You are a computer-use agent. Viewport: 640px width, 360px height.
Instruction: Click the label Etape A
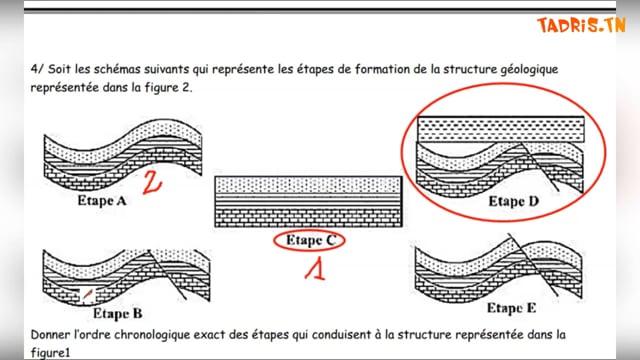pos(102,200)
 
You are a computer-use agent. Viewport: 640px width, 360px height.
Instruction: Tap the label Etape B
pos(118,313)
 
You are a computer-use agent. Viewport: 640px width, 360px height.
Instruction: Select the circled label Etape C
pos(310,240)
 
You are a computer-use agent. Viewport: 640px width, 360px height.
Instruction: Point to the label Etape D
pos(514,201)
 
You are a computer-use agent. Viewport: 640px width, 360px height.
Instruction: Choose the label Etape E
pos(511,308)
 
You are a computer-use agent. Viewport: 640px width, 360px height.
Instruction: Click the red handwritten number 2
pos(152,182)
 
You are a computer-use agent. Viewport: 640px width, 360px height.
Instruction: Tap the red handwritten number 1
pos(316,269)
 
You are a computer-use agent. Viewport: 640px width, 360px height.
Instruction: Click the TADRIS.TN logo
pos(581,25)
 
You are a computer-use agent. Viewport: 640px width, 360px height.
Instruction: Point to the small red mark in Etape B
pos(87,293)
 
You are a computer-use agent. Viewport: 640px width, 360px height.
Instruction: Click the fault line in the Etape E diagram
pos(533,264)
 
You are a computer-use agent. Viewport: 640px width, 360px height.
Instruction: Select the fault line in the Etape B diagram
pos(167,275)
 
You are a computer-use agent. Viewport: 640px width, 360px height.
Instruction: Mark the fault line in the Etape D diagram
pos(540,167)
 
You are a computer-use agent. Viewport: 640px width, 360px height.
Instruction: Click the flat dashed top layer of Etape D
pos(501,129)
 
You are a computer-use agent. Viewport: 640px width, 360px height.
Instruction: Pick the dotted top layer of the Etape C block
pos(308,185)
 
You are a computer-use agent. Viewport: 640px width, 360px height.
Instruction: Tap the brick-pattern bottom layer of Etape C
pos(308,218)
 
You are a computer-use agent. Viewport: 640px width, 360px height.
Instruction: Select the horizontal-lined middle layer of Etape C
pos(308,201)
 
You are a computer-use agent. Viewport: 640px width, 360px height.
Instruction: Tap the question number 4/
pos(37,69)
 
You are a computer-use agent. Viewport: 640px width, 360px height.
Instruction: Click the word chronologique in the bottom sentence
pos(151,336)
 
